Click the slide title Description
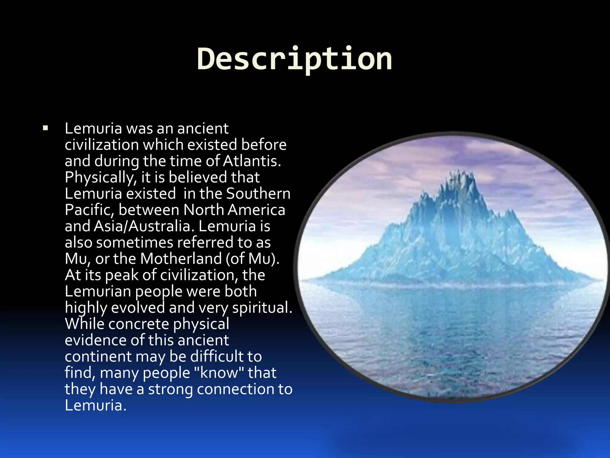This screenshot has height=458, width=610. [294, 59]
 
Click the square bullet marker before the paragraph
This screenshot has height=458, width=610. [45, 129]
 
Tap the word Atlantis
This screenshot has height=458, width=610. [252, 161]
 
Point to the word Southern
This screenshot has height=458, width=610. [258, 194]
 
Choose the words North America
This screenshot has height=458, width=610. [234, 210]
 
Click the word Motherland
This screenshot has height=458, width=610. [181, 259]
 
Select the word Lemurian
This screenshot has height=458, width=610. [98, 291]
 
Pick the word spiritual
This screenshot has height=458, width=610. [262, 307]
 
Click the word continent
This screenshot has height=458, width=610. [98, 357]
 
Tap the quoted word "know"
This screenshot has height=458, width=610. [219, 373]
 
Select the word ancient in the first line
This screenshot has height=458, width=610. [203, 129]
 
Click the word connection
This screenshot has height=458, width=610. [235, 389]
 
